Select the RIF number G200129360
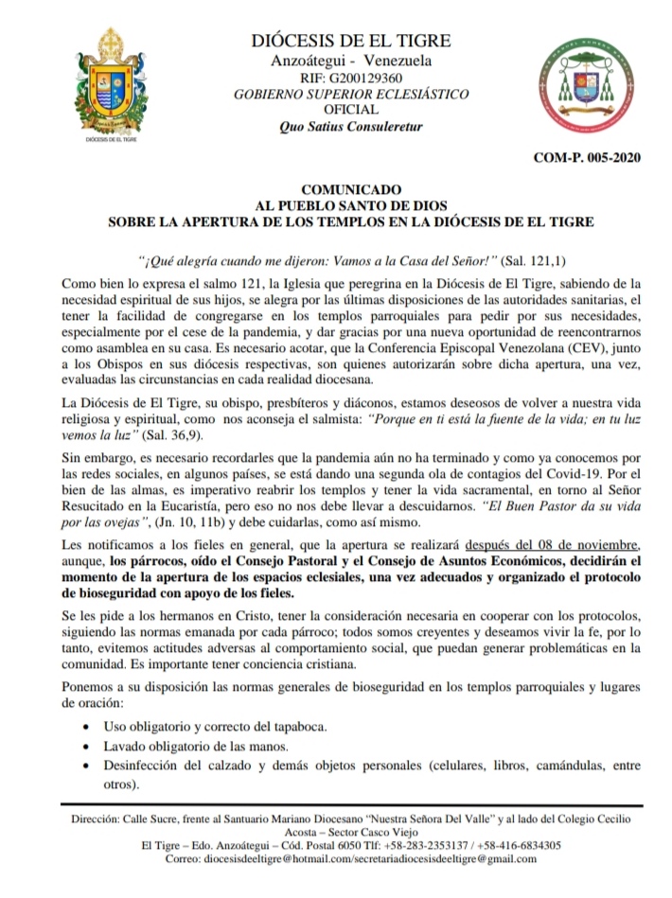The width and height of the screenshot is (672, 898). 351,79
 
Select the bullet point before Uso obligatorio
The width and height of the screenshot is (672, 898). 87,728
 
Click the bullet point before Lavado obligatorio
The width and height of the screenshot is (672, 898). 87,748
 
